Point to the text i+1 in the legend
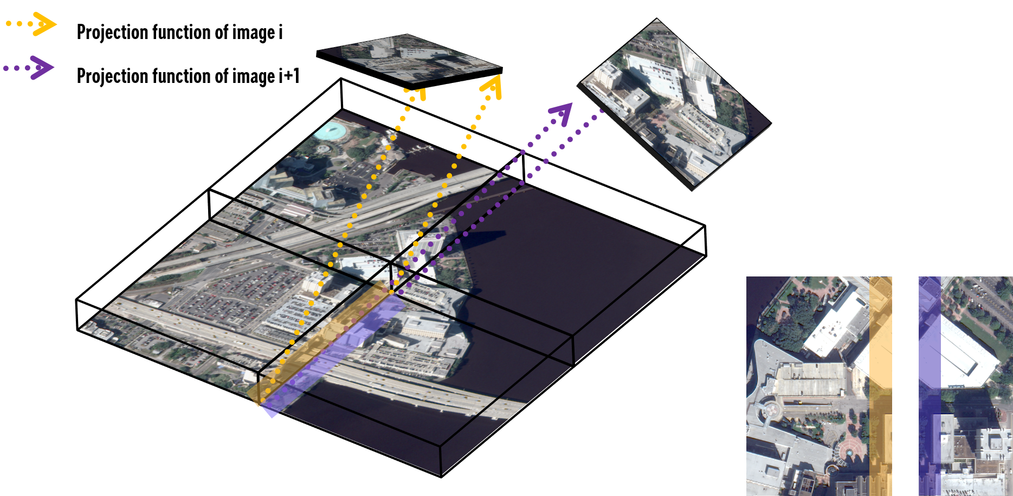289,75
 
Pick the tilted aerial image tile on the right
674,104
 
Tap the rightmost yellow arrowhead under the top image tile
492,87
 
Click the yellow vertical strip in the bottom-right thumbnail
880,386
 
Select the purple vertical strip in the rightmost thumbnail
930,386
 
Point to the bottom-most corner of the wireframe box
442,478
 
